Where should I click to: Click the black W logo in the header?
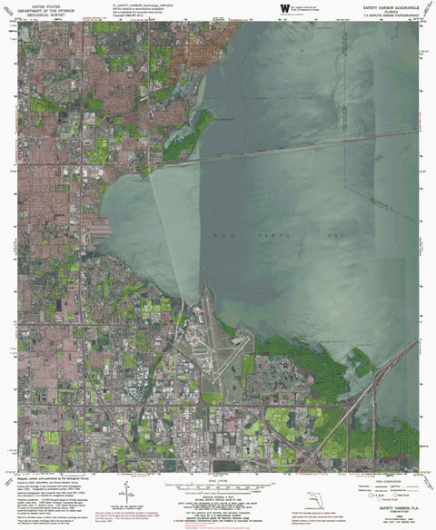(x=286, y=8)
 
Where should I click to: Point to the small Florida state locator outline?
(x=315, y=498)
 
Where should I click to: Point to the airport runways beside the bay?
(x=218, y=345)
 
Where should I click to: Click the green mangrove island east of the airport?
(x=291, y=349)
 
